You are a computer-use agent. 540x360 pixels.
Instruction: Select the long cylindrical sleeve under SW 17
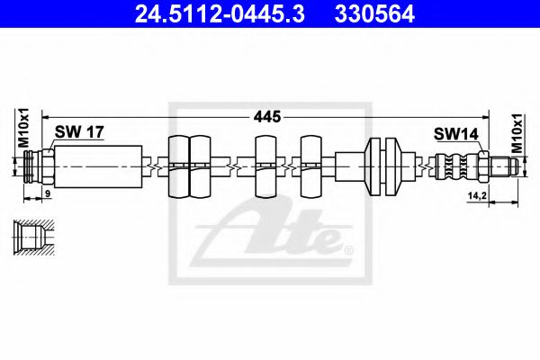point(98,166)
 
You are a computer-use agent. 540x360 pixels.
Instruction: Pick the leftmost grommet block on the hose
point(177,166)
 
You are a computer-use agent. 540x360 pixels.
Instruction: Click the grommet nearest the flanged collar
point(311,166)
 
